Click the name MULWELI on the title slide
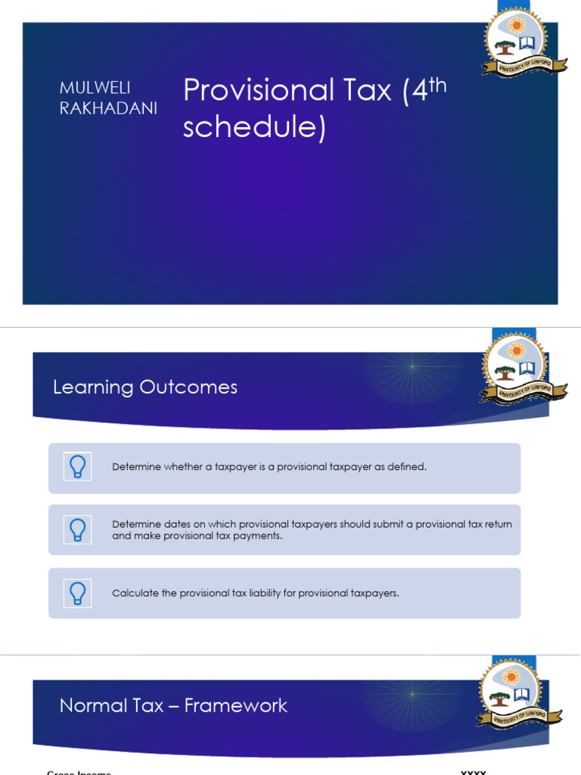click(95, 89)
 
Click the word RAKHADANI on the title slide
click(109, 109)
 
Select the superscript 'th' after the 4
click(438, 85)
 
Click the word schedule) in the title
click(254, 127)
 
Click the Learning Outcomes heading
click(145, 387)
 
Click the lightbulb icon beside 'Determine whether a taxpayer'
click(77, 467)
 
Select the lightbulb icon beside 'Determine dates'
click(77, 530)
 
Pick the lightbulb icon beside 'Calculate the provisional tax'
click(77, 593)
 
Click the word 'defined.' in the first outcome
click(408, 467)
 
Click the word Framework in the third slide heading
click(236, 706)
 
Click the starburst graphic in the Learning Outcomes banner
click(412, 367)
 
